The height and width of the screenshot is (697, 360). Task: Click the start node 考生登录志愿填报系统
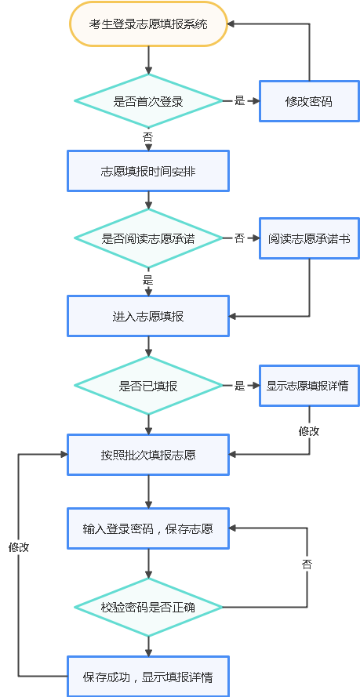point(148,24)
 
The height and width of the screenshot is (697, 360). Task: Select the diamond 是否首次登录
point(148,100)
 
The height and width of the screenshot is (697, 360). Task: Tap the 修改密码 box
point(309,101)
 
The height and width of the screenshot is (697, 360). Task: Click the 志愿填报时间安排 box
point(148,170)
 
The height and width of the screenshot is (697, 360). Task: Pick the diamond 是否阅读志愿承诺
point(148,238)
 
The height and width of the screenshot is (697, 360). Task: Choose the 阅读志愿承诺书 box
point(309,238)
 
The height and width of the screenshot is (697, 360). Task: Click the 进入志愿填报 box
point(148,316)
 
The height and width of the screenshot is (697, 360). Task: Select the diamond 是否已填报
point(148,386)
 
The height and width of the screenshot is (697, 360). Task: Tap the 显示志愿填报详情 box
point(309,386)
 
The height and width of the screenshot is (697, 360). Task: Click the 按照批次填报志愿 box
point(148,455)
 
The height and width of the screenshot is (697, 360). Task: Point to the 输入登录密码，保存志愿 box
point(148,528)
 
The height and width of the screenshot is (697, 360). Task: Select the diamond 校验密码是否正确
point(148,607)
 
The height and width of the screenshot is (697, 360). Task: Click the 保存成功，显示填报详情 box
point(148,677)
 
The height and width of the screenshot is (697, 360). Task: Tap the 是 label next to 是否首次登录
point(240,101)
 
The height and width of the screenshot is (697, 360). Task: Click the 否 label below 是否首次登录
point(148,136)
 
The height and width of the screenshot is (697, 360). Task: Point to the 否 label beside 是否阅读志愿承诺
point(240,238)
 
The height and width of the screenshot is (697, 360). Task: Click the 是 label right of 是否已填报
point(240,386)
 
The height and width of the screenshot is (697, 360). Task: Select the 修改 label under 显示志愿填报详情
point(309,430)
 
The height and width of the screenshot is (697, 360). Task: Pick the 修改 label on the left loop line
point(19,547)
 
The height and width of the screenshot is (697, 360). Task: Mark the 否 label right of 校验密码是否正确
point(308,564)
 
